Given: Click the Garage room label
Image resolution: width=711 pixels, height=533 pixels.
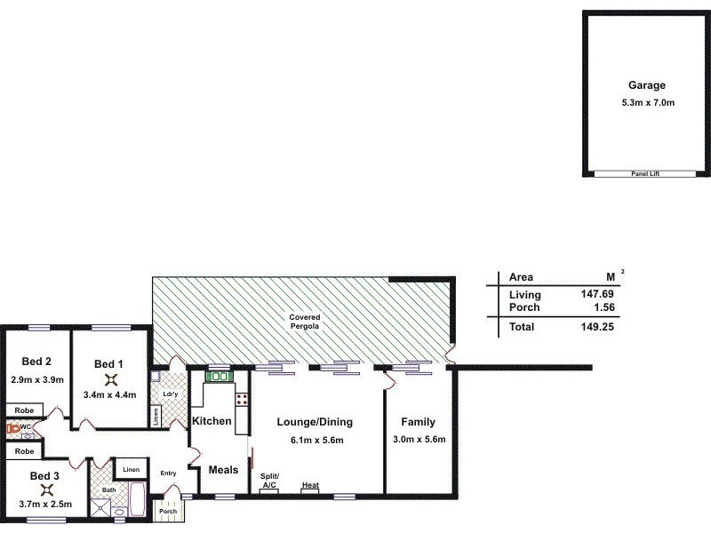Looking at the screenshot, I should pos(646,86).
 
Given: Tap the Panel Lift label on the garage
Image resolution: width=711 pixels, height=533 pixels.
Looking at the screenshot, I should pos(646,173).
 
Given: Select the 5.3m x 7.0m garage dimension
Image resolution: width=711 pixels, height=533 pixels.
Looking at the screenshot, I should pos(648,103).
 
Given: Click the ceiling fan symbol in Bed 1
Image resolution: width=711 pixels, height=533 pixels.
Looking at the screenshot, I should pos(111,379).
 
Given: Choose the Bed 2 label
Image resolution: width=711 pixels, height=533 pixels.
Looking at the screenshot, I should pos(37,361).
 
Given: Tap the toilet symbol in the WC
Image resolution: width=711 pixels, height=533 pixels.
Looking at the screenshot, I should pos(13,428).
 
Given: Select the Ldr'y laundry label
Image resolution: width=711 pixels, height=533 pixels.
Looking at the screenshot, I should pos(167,394).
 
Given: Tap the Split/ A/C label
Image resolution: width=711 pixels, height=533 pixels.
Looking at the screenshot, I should pos(269,481).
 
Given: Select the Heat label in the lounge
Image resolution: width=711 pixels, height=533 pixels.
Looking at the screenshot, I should pos(310,485).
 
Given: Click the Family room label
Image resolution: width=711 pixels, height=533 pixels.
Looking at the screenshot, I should pos(418,422).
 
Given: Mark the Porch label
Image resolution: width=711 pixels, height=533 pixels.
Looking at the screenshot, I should pos(168,512).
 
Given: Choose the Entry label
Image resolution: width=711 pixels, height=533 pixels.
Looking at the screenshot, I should pos(169,473).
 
